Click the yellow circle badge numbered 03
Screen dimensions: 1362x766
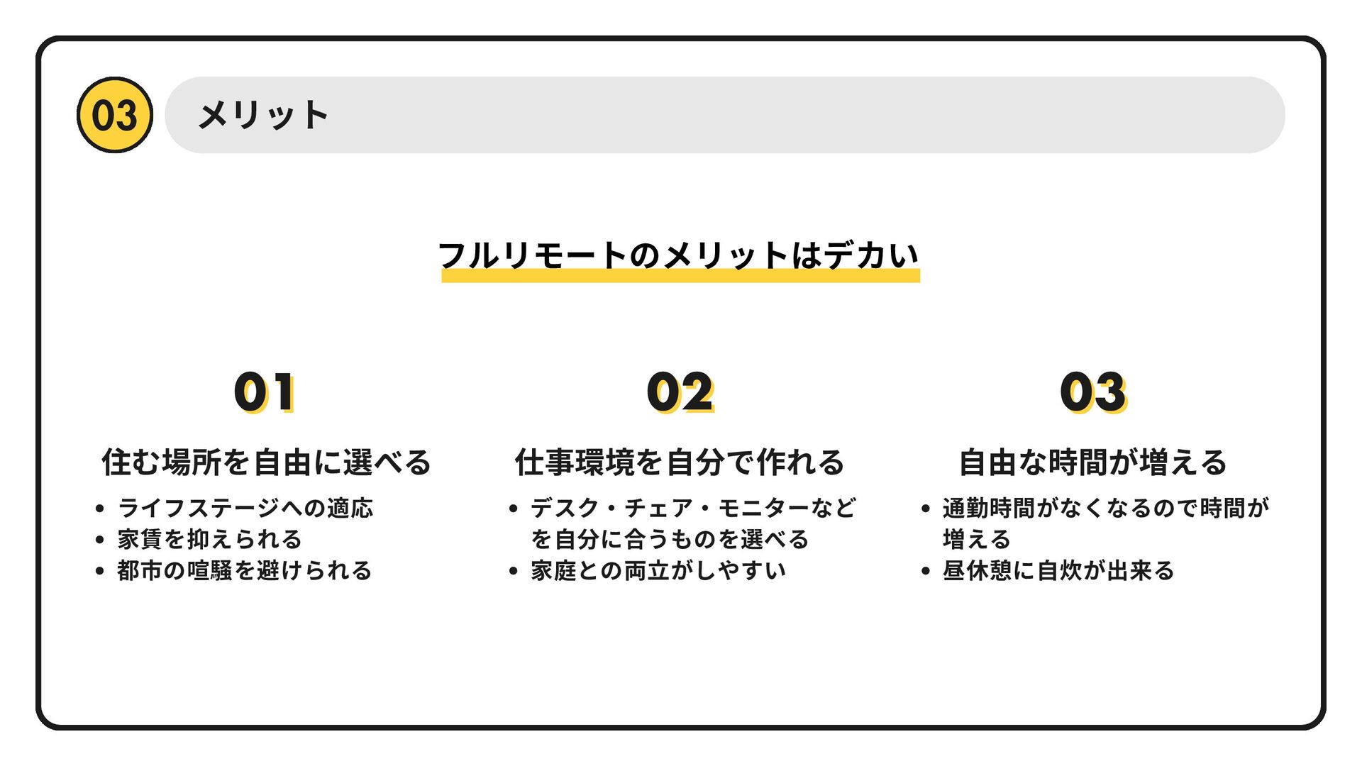point(114,115)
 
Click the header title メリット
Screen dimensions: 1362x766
point(262,115)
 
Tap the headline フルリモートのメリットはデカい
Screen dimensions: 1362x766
point(679,255)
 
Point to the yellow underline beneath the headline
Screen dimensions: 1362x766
point(680,276)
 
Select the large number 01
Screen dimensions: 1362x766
point(265,392)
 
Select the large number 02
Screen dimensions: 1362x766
point(680,392)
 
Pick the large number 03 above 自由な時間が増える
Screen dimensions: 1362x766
point(1092,392)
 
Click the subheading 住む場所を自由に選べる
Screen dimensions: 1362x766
point(266,462)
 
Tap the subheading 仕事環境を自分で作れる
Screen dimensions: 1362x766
point(680,462)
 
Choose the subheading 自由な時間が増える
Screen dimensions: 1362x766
point(1092,462)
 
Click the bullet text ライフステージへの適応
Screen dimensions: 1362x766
point(245,508)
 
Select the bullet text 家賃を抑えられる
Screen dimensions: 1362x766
point(209,539)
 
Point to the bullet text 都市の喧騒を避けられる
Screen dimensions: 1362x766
point(245,570)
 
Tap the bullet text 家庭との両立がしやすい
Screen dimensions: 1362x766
point(658,570)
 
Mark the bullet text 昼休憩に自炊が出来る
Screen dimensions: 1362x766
point(1058,570)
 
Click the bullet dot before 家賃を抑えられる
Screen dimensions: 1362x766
point(99,540)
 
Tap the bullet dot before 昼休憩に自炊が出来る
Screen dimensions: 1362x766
point(925,571)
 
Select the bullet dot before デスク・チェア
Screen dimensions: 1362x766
point(513,509)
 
